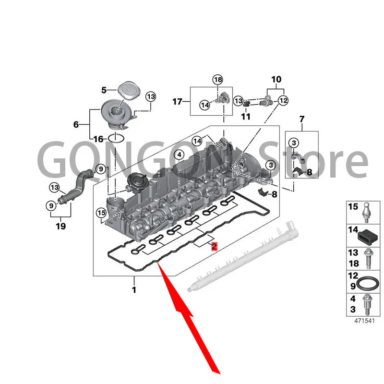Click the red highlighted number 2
point(214,246)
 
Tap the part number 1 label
point(134,289)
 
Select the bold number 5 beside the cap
point(103,89)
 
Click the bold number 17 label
point(178,101)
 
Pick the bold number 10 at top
point(277,79)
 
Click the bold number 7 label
point(301,118)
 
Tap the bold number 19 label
point(60,226)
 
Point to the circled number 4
point(179,154)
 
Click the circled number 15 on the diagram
point(101,213)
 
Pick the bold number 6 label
point(76,124)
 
